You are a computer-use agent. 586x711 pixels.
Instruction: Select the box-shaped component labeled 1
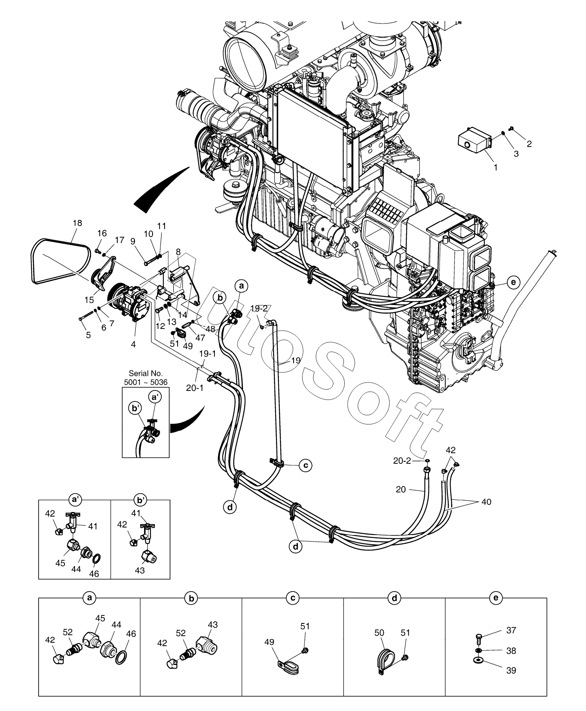point(474,141)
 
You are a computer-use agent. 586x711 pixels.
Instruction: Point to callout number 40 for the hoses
point(486,502)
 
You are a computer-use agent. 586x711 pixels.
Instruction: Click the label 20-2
point(402,461)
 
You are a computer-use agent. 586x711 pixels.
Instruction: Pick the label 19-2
point(259,308)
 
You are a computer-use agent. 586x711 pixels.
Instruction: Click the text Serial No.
point(145,373)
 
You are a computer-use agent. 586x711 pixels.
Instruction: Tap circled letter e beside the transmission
point(513,283)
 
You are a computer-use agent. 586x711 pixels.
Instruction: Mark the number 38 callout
point(511,651)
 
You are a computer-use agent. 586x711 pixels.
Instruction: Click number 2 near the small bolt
point(529,144)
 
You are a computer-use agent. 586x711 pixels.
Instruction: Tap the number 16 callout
point(103,233)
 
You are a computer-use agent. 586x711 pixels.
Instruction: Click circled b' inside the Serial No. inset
point(135,409)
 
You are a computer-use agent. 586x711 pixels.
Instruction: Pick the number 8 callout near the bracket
point(178,252)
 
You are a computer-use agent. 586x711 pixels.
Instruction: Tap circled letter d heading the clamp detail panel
point(394,598)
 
